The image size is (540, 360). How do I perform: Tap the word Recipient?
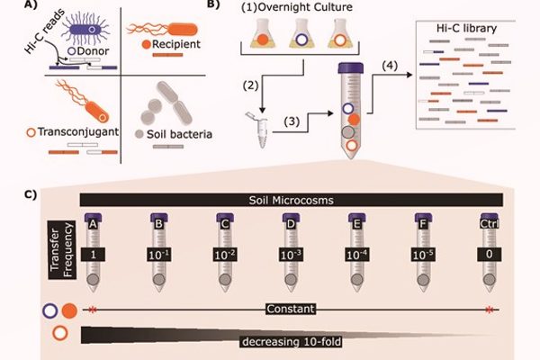point(178,41)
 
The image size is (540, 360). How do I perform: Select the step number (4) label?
point(391,65)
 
